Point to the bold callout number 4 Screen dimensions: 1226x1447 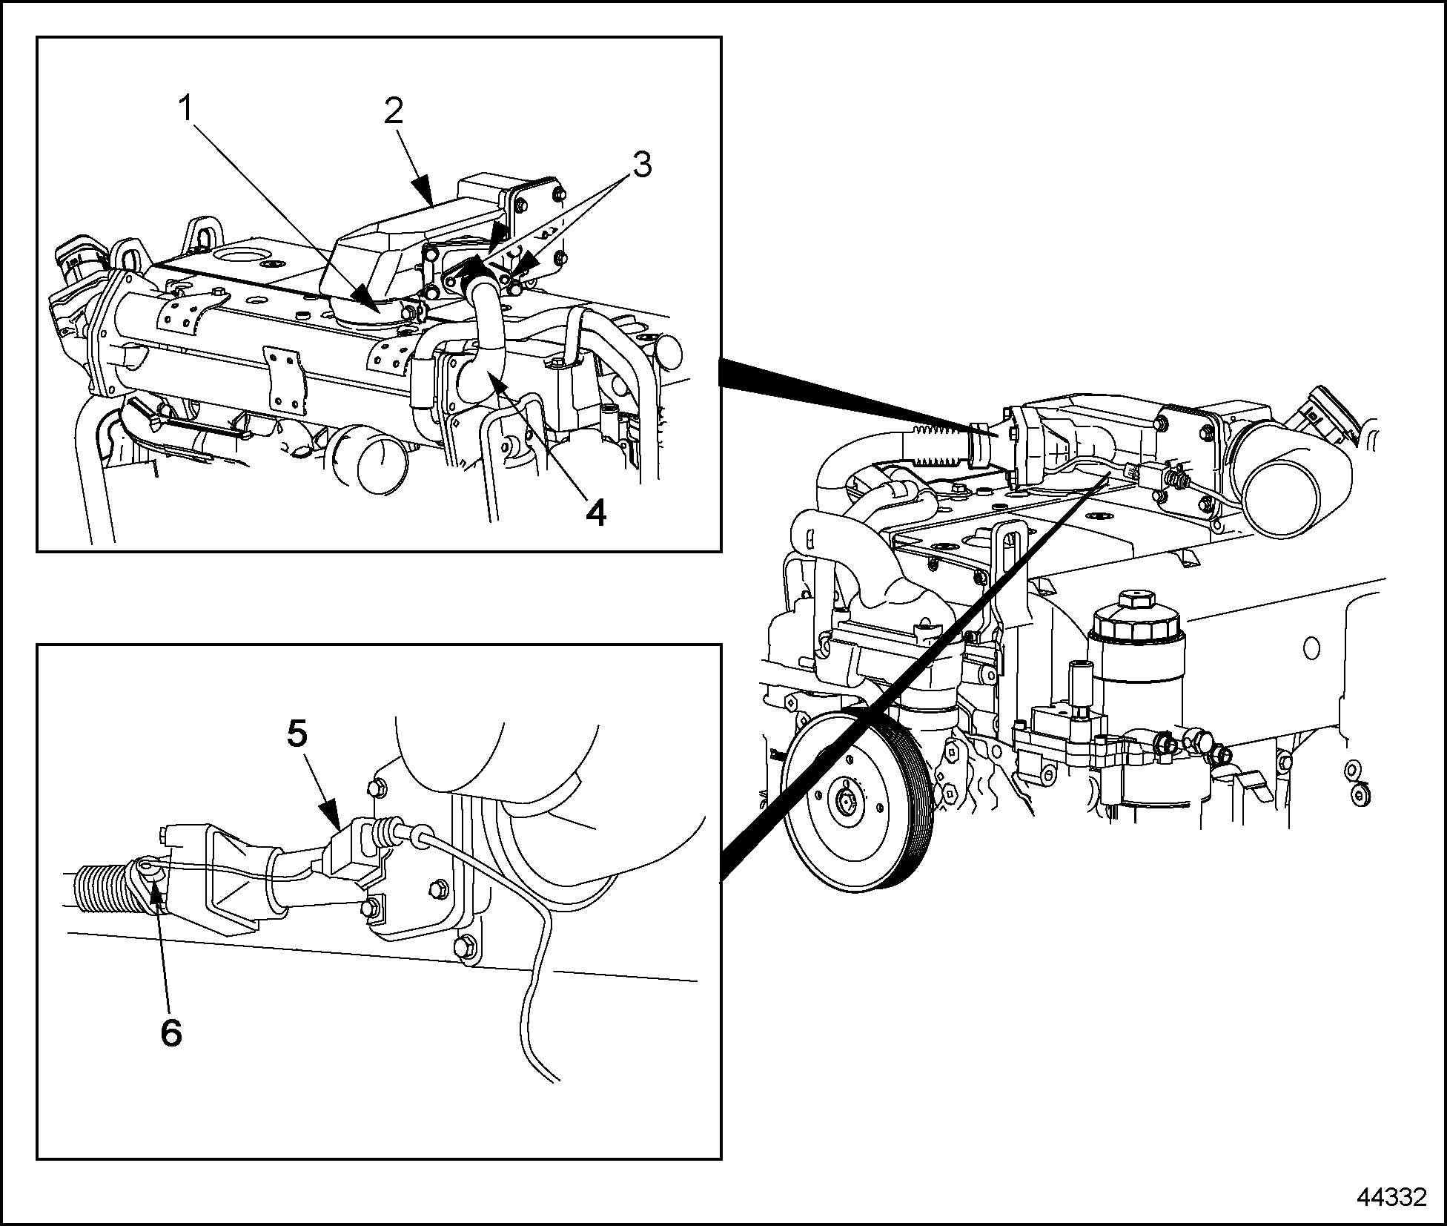pos(595,513)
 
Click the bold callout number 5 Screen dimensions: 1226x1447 pos(297,734)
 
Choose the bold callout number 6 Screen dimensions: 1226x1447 pos(171,1032)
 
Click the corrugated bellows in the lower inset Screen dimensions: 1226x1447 pos(107,888)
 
